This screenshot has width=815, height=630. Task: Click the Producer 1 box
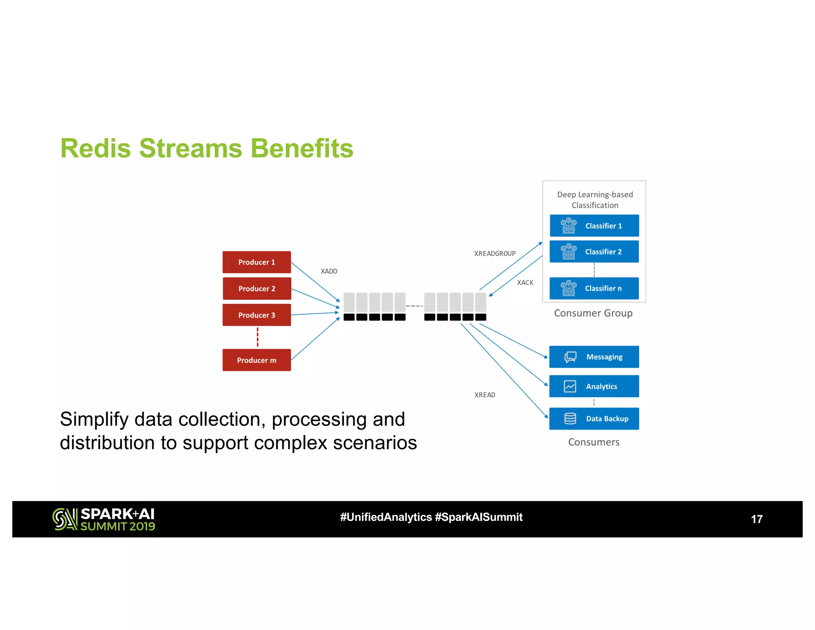(257, 262)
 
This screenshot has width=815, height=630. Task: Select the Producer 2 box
(257, 288)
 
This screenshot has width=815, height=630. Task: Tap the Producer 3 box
(257, 315)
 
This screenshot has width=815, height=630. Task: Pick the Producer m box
(257, 360)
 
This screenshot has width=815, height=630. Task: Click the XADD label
(329, 271)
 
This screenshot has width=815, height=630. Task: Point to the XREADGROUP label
(495, 254)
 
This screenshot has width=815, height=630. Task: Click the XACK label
(525, 283)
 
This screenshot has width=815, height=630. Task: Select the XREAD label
(485, 395)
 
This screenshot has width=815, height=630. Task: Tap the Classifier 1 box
(594, 226)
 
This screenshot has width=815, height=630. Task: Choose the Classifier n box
(594, 288)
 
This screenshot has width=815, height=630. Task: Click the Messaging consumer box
(594, 357)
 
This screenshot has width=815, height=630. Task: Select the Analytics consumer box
(594, 386)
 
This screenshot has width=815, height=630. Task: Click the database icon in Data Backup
(570, 419)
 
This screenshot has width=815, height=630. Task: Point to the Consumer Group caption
(593, 313)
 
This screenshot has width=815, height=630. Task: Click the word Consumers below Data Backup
(593, 442)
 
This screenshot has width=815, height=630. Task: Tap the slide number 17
(757, 519)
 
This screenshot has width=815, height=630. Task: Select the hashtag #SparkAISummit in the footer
(479, 517)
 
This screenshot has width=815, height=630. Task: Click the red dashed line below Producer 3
(257, 337)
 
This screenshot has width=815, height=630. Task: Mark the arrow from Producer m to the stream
(315, 339)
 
